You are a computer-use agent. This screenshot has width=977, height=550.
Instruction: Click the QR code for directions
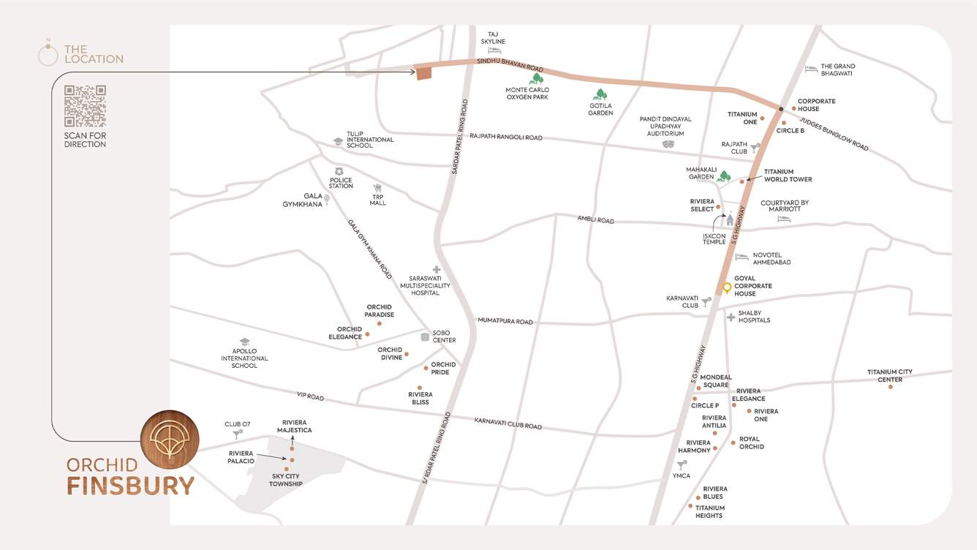pyautogui.click(x=85, y=106)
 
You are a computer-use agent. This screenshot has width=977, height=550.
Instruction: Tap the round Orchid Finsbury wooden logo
pyautogui.click(x=170, y=439)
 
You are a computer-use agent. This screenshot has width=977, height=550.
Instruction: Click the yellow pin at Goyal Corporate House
pyautogui.click(x=727, y=288)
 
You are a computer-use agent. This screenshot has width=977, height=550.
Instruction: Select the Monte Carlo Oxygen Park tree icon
pyautogui.click(x=537, y=78)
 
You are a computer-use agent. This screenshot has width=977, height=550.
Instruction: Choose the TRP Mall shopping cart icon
pyautogui.click(x=378, y=189)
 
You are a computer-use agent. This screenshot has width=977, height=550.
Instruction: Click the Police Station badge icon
pyautogui.click(x=339, y=171)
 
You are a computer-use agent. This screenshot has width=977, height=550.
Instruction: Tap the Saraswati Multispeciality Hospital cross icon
pyautogui.click(x=437, y=270)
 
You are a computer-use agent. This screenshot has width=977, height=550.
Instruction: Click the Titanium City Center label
pyautogui.click(x=890, y=376)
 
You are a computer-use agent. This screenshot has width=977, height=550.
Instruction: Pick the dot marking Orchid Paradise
pyautogui.click(x=379, y=323)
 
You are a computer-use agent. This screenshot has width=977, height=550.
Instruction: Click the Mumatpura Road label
pyautogui.click(x=505, y=321)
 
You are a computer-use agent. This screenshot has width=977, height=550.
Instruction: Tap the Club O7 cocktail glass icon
pyautogui.click(x=237, y=434)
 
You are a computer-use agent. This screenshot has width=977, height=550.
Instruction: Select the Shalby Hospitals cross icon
pyautogui.click(x=731, y=317)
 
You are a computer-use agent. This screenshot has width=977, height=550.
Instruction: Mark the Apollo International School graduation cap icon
pyautogui.click(x=245, y=342)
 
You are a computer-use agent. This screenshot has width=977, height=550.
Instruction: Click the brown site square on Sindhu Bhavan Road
pyautogui.click(x=424, y=72)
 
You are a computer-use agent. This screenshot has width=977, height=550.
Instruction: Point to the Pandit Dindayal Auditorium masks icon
pyautogui.click(x=667, y=145)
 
